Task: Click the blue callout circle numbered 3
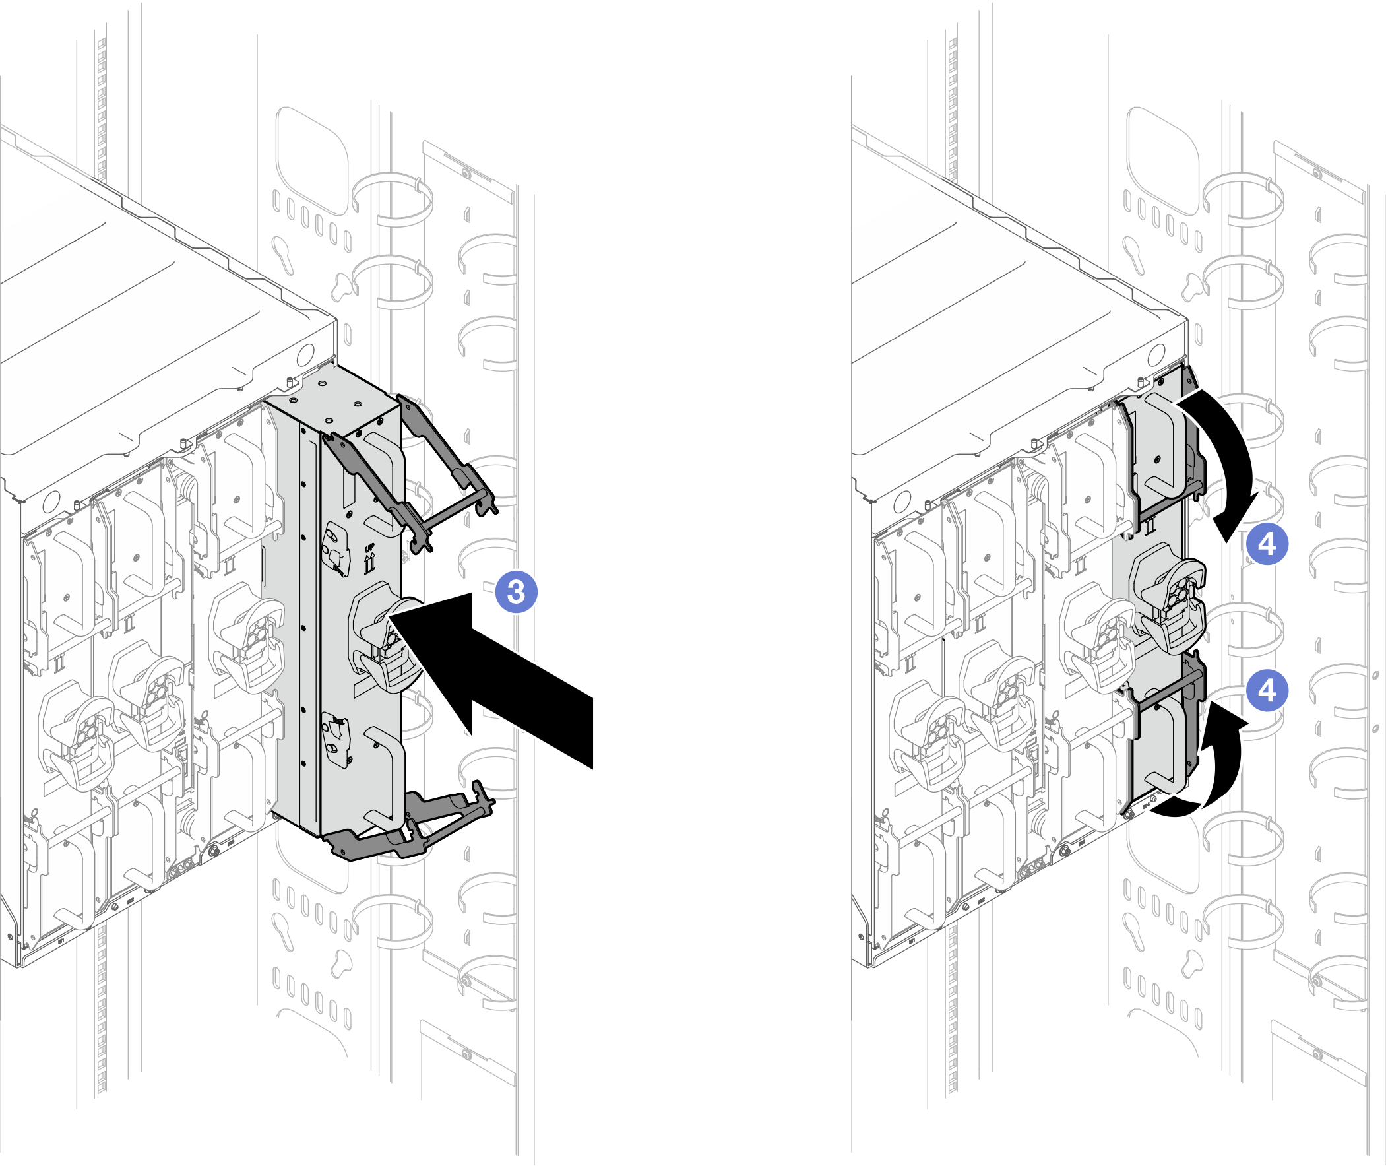click(516, 592)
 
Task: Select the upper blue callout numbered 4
click(1267, 544)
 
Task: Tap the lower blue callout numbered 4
click(1267, 690)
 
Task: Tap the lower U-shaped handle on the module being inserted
click(387, 773)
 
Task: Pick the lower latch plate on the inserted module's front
click(336, 740)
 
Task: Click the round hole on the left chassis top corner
click(305, 356)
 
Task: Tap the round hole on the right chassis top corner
click(1157, 354)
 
